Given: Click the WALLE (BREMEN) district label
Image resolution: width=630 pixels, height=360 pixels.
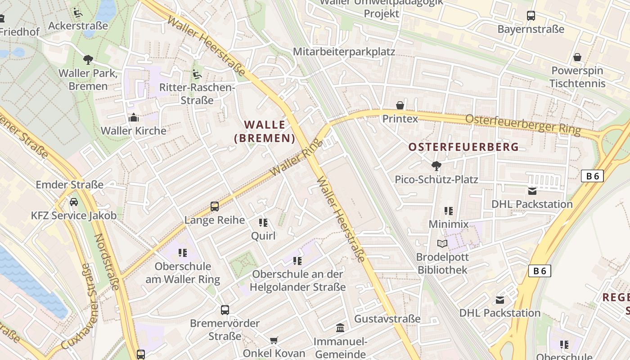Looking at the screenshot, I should pos(265,131).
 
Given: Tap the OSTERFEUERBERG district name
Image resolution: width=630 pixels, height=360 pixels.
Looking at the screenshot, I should pos(463,147).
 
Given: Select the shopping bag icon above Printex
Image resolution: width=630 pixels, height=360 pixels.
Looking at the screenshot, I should pos(400,105).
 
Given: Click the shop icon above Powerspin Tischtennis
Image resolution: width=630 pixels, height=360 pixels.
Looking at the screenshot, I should pos(577,57).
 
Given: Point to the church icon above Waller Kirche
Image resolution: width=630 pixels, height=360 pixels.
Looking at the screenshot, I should pos(134,118).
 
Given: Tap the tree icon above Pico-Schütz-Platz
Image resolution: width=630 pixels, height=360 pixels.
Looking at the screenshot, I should pos(436,166).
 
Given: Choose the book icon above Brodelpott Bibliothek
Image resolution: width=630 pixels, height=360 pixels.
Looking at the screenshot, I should pos(442,243).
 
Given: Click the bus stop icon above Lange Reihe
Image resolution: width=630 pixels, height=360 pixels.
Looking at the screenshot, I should pos(215,207).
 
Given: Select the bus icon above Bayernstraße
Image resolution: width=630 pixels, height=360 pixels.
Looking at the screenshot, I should pos(531,16).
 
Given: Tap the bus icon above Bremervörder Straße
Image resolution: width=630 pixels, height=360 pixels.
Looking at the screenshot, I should pos(225,310).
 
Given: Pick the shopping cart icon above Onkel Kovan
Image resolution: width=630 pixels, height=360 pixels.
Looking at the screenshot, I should pos(274,340).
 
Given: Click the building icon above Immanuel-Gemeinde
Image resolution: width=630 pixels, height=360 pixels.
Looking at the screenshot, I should pos(340,328).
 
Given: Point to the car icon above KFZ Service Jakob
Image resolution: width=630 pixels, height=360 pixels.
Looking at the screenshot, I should pos(74,202).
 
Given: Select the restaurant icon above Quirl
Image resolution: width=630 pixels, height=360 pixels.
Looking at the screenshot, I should pos(263,222).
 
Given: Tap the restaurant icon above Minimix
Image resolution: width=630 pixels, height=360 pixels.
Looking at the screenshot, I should pos(448,211).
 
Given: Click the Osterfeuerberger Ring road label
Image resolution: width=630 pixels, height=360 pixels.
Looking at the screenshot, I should pos(523,124).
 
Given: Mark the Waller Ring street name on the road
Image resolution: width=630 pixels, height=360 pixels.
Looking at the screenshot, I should pos(297,157).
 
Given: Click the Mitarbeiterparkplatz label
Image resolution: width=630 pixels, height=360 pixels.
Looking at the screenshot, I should pos(344,52).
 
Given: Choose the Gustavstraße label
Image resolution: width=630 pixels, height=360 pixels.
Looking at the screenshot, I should pos(387,319).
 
